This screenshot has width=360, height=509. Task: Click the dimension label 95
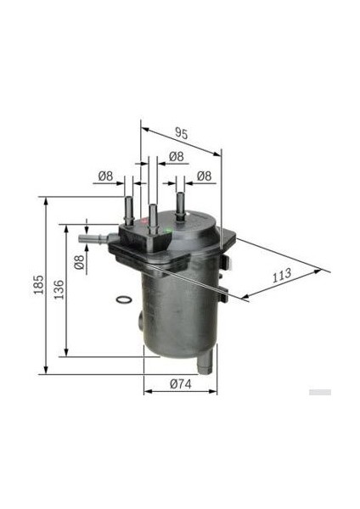(182, 133)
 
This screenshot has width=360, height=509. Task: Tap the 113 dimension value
(282, 275)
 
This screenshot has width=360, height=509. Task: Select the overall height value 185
(39, 285)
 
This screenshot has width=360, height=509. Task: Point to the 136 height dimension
(59, 289)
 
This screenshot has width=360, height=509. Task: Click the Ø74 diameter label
(181, 384)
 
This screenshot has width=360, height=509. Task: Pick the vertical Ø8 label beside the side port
(79, 262)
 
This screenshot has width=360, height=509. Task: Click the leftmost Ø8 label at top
(105, 176)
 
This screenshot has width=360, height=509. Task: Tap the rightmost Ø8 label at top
(204, 176)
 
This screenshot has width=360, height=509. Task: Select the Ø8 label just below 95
(177, 157)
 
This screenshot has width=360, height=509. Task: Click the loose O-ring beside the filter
(124, 300)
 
